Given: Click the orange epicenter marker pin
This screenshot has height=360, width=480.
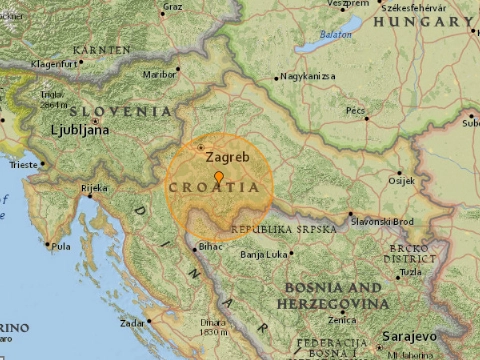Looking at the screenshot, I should pyautogui.click(x=219, y=177).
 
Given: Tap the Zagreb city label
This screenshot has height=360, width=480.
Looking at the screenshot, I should pyautogui.click(x=221, y=156).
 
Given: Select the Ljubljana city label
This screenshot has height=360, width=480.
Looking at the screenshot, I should pyautogui.click(x=80, y=129).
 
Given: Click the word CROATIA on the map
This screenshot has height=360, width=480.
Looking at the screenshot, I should pyautogui.click(x=220, y=187).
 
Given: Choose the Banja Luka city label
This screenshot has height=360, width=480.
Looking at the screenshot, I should pyautogui.click(x=264, y=254).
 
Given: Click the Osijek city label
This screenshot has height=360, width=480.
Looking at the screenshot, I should pyautogui.click(x=400, y=180).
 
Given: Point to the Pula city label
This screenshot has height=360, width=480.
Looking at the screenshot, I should pyautogui.click(x=62, y=246).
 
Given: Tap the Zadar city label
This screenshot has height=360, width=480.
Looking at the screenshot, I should pyautogui.click(x=131, y=324).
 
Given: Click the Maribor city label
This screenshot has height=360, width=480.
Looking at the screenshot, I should pyautogui.click(x=159, y=72).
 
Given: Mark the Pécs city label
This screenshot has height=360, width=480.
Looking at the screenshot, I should pyautogui.click(x=356, y=110).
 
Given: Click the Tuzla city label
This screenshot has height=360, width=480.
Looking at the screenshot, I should pyautogui.click(x=411, y=272).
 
